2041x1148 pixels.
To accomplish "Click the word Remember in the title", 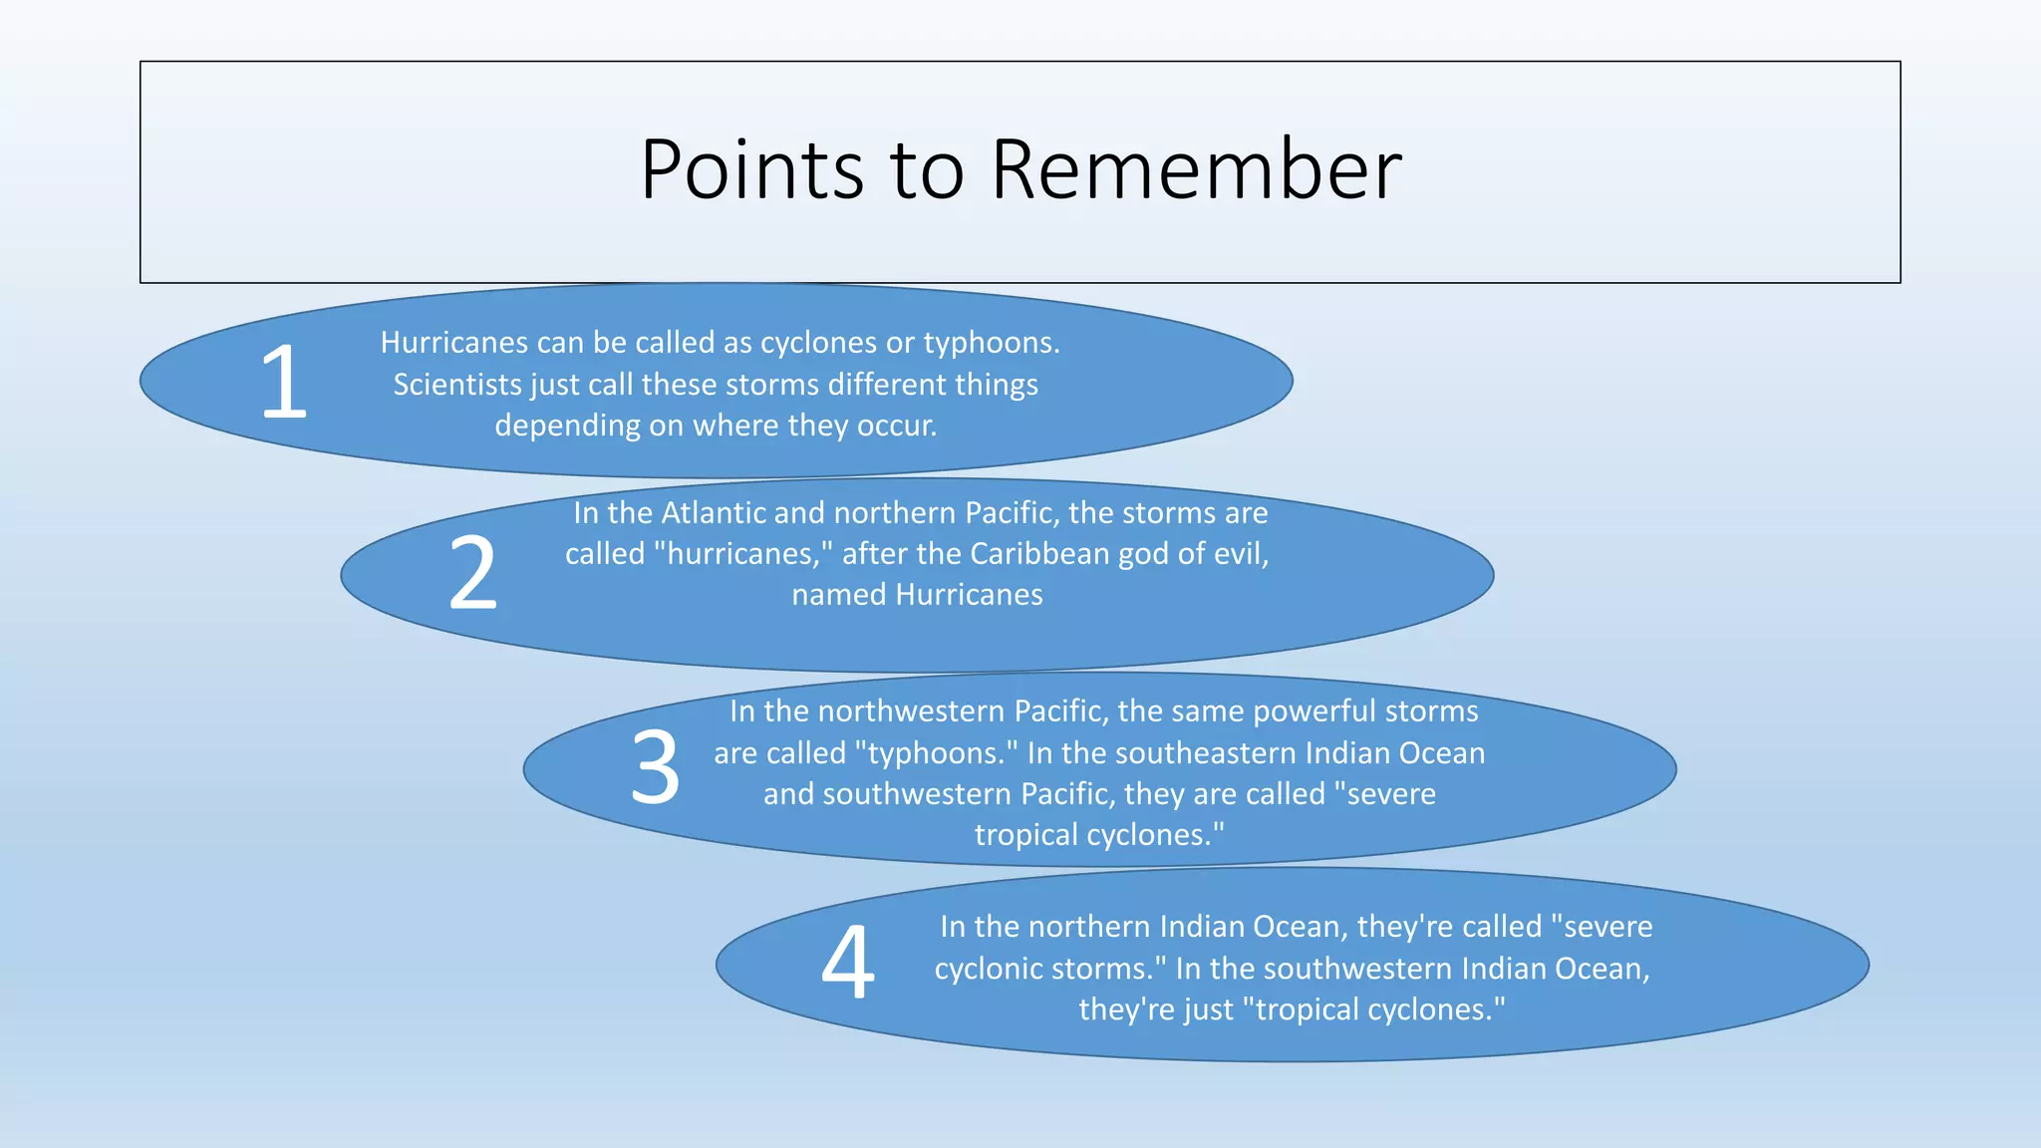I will pos(1196,169).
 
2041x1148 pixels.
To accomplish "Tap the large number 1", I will pos(283,382).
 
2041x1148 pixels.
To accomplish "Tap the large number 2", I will pos(472,574).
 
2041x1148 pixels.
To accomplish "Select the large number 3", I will pos(655,768).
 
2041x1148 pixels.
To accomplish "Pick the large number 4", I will pos(848,964).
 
